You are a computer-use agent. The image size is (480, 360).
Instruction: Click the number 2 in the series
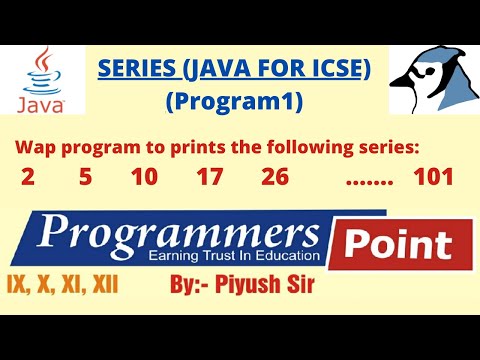[28, 178]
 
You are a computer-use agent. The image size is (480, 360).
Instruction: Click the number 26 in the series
[275, 178]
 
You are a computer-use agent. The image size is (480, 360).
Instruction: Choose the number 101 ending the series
[433, 178]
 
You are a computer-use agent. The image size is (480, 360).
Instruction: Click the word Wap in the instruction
[33, 148]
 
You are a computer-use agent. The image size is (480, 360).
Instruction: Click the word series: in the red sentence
[386, 148]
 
